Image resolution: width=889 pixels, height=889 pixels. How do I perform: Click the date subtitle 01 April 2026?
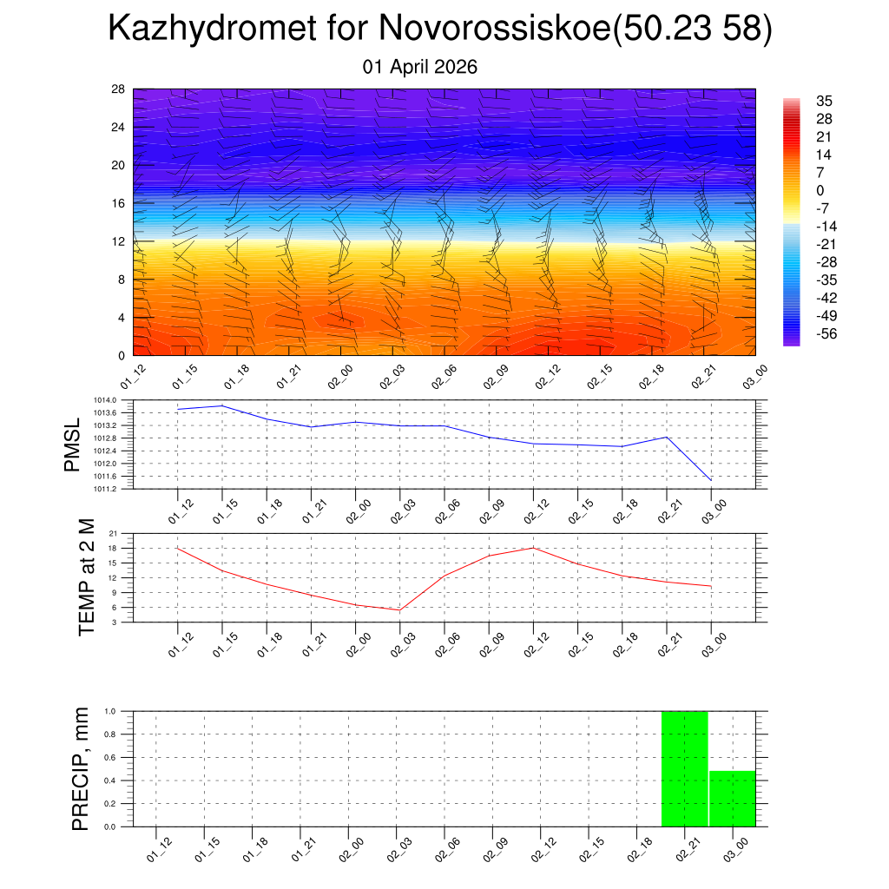pos(420,67)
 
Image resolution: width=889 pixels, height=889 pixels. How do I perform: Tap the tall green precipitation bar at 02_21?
pos(684,768)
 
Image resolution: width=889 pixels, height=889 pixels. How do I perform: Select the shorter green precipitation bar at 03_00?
pos(733,799)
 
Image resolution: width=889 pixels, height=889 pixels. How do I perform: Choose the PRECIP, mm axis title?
pos(81,768)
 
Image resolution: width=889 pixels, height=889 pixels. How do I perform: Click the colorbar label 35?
pos(824,102)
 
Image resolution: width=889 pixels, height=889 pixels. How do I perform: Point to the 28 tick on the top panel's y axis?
pos(119,89)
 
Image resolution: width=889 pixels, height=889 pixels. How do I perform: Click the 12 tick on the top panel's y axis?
pos(119,241)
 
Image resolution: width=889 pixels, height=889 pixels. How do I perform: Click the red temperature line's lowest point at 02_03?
pos(399,609)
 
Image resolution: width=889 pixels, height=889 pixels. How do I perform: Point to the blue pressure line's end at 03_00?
pos(711,480)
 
